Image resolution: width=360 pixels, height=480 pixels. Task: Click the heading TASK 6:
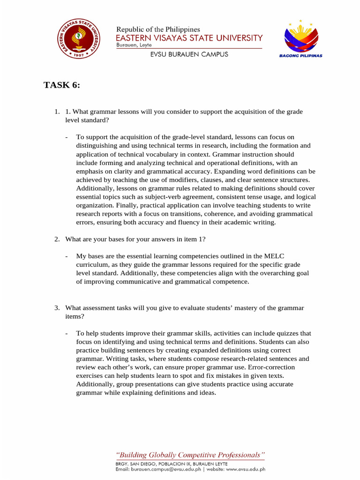62,85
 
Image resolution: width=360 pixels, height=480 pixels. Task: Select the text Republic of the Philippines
158,29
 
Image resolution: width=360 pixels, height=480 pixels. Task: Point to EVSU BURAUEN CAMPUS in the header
189,54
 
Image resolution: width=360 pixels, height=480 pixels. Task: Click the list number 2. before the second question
57,239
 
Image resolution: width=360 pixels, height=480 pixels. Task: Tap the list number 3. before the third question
57,308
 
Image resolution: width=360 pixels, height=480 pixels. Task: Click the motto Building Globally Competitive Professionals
190,455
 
